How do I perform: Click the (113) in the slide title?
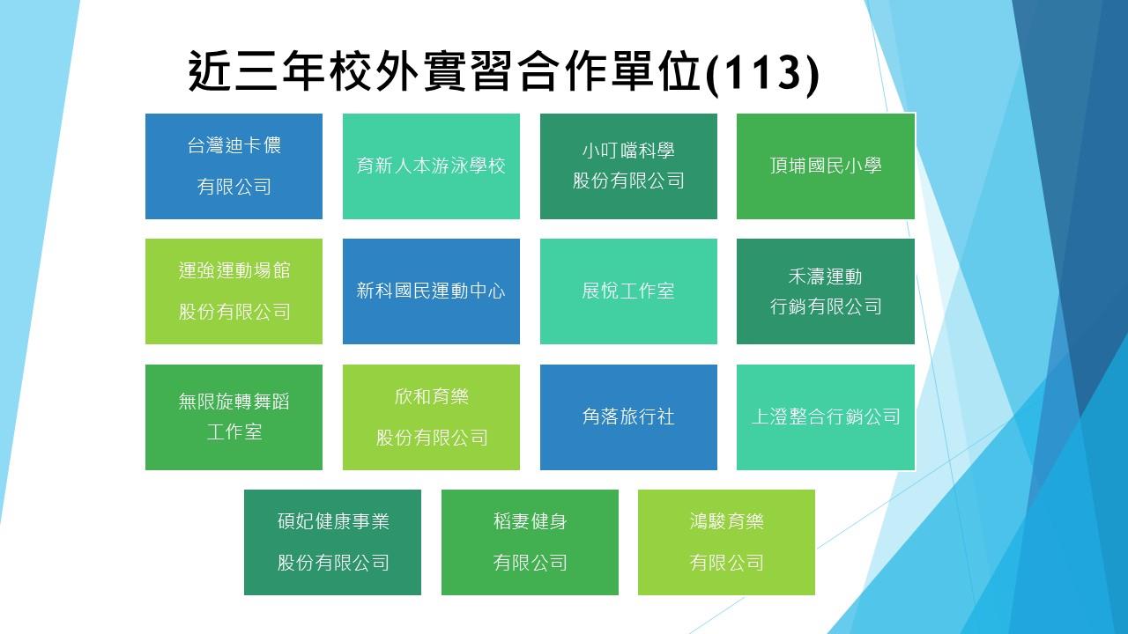pos(762,72)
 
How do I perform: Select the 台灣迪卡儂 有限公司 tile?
pos(234,166)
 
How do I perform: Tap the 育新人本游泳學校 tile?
pos(431,166)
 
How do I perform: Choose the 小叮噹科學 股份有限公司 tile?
pos(628,166)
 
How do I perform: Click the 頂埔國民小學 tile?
pos(826,166)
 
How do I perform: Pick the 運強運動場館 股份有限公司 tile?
pos(234,291)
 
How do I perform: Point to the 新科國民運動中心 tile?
pos(431,291)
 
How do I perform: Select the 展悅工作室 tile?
pos(628,291)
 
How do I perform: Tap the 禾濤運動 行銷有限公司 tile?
pos(826,291)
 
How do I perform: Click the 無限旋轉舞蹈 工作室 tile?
pos(234,417)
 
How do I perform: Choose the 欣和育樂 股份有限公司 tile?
pos(431,417)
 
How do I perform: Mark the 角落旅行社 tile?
pos(628,417)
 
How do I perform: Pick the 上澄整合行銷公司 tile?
pos(826,417)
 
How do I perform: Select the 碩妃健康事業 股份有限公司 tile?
pos(332,542)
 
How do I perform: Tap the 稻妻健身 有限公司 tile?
pos(530,542)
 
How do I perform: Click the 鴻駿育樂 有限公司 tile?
pos(726,542)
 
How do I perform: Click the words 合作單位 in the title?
pos(612,71)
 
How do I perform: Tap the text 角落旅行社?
pos(628,417)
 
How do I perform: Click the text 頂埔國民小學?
pos(826,166)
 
